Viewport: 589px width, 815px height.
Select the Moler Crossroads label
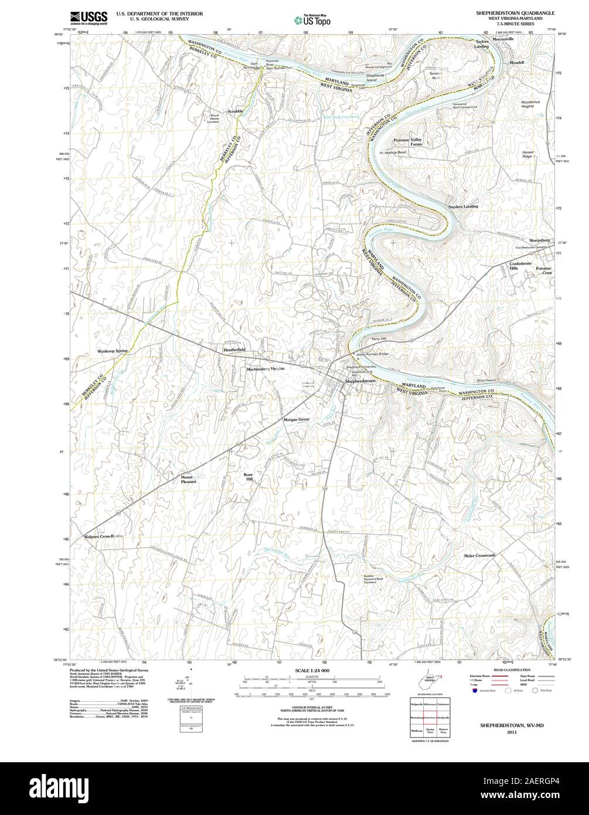point(479,555)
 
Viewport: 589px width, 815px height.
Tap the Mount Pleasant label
point(189,479)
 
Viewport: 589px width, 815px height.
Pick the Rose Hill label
point(249,476)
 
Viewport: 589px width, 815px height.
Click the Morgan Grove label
point(297,420)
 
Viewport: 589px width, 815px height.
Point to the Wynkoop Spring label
point(113,351)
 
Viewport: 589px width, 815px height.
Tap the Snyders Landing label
point(463,206)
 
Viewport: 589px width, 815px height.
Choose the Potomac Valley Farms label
point(407,142)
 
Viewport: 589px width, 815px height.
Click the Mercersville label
point(502,39)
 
